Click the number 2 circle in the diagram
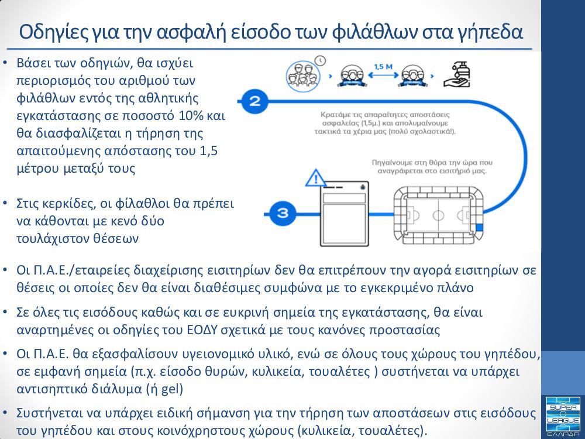254,101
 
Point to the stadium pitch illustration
438,214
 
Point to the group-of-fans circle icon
305,75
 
